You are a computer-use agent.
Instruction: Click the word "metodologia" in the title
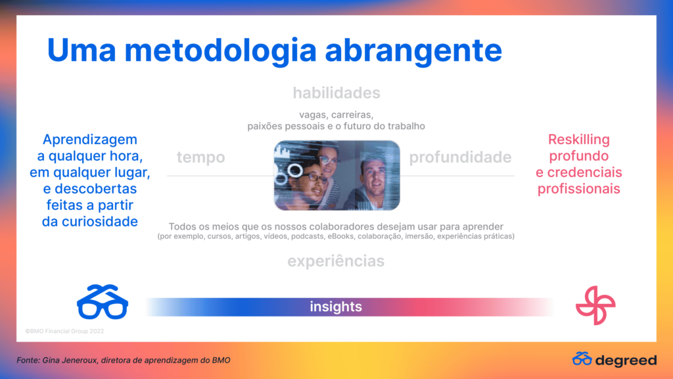[220, 51]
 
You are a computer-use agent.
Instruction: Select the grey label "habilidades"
[336, 93]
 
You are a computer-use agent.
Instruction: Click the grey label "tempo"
[201, 157]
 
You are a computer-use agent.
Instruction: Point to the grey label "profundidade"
[460, 157]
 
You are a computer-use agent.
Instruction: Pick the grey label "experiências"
[336, 261]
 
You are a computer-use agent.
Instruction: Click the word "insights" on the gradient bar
[336, 307]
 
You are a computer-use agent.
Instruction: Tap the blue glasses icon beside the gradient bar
[102, 301]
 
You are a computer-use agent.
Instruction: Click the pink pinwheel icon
[595, 305]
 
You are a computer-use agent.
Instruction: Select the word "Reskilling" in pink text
[578, 139]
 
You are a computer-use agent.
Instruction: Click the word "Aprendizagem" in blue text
[89, 139]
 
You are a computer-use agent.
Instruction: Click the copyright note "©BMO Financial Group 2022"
[64, 332]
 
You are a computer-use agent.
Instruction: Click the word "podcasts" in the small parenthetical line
[308, 236]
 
